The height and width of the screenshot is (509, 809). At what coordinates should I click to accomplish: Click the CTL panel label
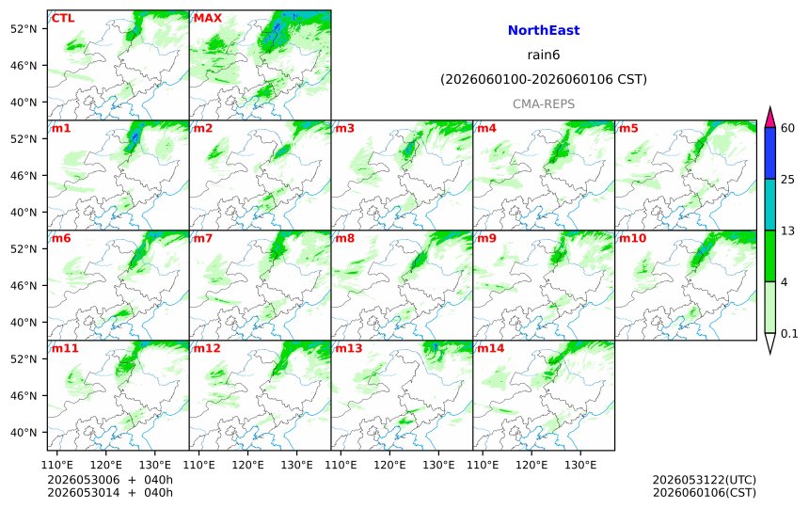[x=63, y=18]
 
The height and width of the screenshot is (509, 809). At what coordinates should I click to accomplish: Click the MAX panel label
[x=207, y=18]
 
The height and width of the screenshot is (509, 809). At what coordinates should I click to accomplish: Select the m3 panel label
[x=345, y=128]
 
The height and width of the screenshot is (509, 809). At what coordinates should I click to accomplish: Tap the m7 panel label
[x=203, y=238]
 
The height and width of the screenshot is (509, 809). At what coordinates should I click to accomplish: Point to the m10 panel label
[x=632, y=238]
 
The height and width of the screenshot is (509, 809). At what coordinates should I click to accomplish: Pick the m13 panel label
[x=349, y=348]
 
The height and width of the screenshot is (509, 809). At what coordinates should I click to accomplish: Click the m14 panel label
[x=491, y=348]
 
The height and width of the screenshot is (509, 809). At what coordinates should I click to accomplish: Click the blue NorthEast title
[x=544, y=30]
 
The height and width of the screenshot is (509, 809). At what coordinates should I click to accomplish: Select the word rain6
[x=544, y=55]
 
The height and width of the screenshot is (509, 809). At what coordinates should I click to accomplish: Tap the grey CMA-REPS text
[x=544, y=103]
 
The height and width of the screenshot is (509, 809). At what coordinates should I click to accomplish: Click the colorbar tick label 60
[x=788, y=128]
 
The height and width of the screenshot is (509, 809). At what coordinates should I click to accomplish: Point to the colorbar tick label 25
[x=788, y=179]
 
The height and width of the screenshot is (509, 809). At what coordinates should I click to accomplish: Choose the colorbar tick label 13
[x=788, y=231]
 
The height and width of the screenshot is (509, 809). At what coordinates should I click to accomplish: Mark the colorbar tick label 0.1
[x=789, y=333]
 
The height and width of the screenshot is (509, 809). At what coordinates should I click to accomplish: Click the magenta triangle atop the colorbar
[x=769, y=118]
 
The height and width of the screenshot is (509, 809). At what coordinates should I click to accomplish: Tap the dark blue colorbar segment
[x=769, y=153]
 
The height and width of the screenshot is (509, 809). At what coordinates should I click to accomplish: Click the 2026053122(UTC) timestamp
[x=705, y=480]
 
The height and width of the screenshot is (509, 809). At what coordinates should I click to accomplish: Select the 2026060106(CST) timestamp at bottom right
[x=705, y=492]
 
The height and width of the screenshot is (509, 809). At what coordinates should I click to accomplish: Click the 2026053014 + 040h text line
[x=110, y=492]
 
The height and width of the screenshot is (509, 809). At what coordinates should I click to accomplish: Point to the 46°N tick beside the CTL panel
[x=24, y=66]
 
